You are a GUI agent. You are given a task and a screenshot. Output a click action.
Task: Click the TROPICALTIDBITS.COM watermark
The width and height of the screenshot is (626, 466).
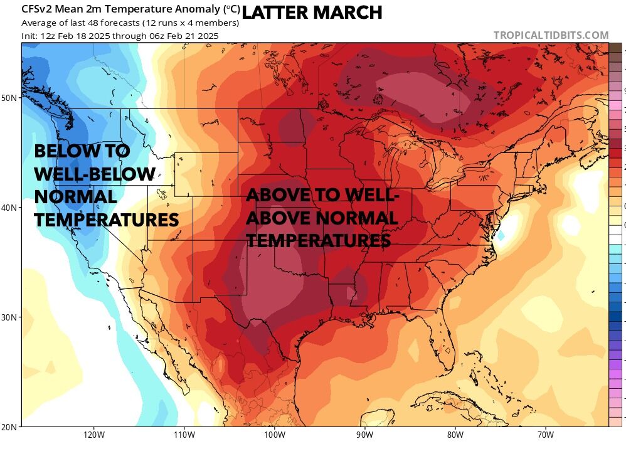(551, 36)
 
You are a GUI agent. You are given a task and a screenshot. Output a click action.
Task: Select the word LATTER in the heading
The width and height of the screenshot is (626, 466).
(274, 12)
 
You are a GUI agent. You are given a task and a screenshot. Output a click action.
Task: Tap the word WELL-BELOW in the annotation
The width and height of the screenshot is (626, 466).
(95, 174)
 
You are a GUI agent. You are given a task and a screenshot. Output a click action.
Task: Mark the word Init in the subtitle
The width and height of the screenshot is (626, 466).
(29, 36)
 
